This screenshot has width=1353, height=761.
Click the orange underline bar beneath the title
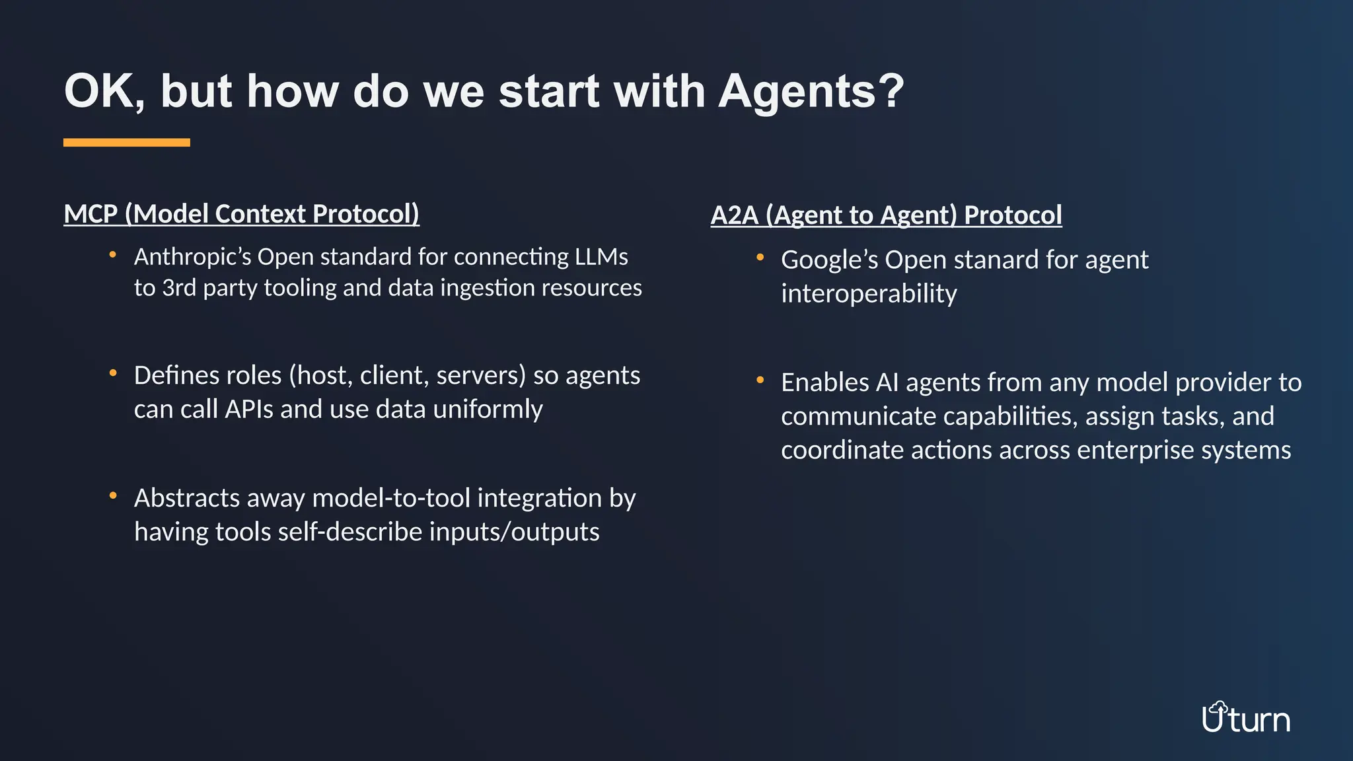126,143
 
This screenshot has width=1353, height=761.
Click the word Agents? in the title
811,91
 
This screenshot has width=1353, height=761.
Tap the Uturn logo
1245,719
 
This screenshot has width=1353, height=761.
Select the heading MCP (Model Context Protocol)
241,214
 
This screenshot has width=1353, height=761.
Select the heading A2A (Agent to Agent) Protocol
886,215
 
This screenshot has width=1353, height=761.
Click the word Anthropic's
192,256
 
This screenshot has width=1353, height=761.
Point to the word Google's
829,260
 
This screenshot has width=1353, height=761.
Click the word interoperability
868,294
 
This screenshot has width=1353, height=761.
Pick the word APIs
248,410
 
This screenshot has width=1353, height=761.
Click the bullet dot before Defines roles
113,373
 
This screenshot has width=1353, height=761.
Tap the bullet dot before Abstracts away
113,495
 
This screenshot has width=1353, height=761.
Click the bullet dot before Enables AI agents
760,380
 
